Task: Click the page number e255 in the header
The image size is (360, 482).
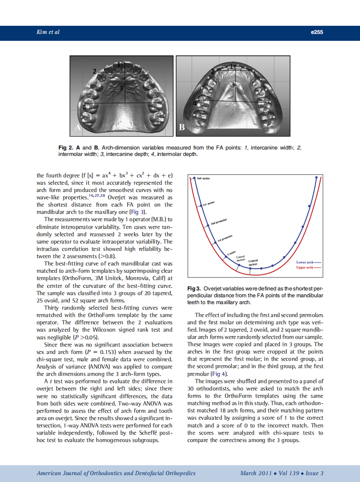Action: coord(317,32)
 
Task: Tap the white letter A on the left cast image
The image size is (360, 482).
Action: coord(78,127)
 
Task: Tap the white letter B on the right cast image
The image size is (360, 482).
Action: coord(182,128)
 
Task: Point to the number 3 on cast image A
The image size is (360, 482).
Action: coord(122,88)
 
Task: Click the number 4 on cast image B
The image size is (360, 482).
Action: coord(195,103)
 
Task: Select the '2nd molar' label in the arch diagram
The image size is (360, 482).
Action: coord(203,178)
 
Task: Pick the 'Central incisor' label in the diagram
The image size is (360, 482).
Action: coord(253,262)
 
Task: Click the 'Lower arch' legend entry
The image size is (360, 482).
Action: coord(307,262)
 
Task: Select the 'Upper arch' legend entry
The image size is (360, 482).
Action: coord(307,267)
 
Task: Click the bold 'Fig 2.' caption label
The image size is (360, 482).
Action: coord(65,148)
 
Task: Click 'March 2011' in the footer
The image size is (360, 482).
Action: coord(256,473)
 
